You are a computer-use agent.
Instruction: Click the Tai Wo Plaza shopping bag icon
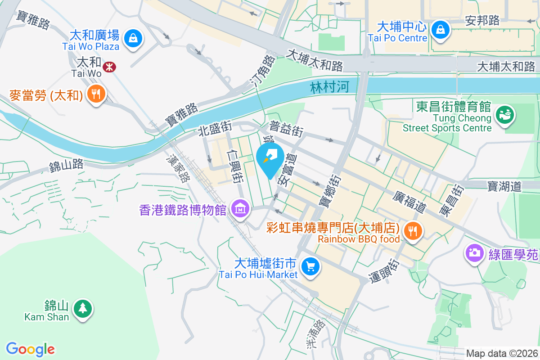pyautogui.click(x=133, y=38)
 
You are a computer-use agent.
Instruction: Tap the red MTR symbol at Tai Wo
pyautogui.click(x=108, y=67)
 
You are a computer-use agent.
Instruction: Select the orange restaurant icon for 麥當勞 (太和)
pyautogui.click(x=96, y=94)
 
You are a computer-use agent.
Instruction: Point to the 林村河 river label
pyautogui.click(x=329, y=87)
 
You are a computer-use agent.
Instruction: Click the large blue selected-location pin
pyautogui.click(x=270, y=159)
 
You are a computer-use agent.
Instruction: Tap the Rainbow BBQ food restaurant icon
pyautogui.click(x=412, y=231)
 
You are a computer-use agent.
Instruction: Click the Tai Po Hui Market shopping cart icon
pyautogui.click(x=310, y=266)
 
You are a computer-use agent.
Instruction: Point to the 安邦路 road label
pyautogui.click(x=482, y=20)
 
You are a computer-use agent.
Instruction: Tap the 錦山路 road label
pyautogui.click(x=66, y=165)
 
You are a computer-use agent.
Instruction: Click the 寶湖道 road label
pyautogui.click(x=504, y=186)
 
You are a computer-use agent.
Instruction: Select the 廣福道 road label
pyautogui.click(x=409, y=202)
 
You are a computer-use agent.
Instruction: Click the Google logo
pyautogui.click(x=30, y=349)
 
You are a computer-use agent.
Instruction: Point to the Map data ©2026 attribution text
pyautogui.click(x=501, y=354)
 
